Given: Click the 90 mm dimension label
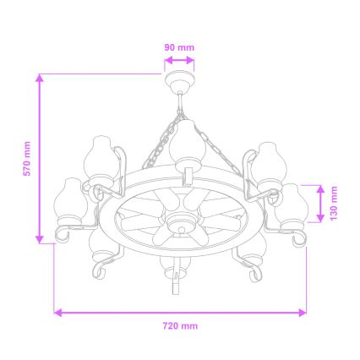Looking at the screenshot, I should [x=178, y=47].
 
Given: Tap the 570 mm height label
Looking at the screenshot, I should [x=27, y=158].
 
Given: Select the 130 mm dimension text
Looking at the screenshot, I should [x=335, y=204].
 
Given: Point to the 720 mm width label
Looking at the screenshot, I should [x=179, y=325].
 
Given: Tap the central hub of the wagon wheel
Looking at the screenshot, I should [x=179, y=224].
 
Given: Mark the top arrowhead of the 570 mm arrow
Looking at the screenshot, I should [x=40, y=79].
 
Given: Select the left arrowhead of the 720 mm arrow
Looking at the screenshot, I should [x=57, y=312].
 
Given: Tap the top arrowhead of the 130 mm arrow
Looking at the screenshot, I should [x=321, y=188].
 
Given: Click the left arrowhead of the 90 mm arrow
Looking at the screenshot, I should [x=167, y=60].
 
